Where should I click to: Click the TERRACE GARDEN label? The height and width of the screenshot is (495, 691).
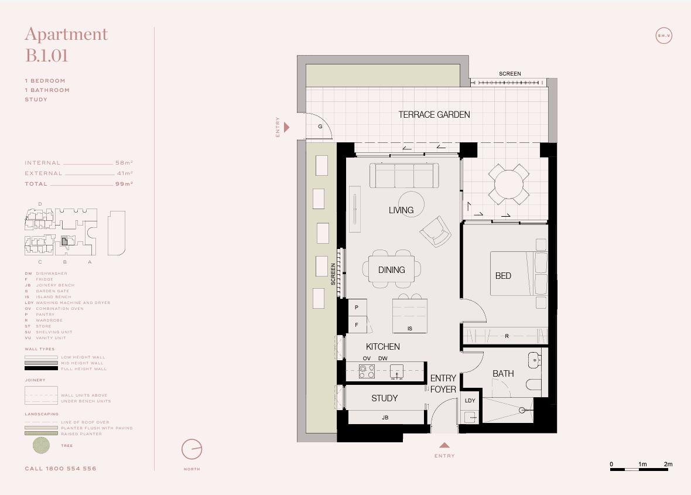pyautogui.click(x=434, y=115)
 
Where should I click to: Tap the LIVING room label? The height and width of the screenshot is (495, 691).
pyautogui.click(x=401, y=210)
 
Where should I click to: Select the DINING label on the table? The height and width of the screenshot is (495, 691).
pyautogui.click(x=391, y=270)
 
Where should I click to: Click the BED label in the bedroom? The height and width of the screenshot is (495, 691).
pyautogui.click(x=503, y=275)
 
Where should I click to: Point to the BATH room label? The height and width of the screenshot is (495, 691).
pyautogui.click(x=502, y=373)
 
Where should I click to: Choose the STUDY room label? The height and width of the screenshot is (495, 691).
pyautogui.click(x=384, y=398)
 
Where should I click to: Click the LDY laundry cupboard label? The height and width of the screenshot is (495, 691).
pyautogui.click(x=470, y=401)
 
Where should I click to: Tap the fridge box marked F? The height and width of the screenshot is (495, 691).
pyautogui.click(x=356, y=324)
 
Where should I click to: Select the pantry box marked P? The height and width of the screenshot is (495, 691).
pyautogui.click(x=356, y=307)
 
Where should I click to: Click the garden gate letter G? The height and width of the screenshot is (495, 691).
pyautogui.click(x=320, y=127)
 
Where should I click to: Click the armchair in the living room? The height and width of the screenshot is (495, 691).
pyautogui.click(x=435, y=231)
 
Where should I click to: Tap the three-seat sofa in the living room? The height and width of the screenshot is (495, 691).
pyautogui.click(x=404, y=175)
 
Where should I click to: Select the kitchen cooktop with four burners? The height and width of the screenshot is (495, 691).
pyautogui.click(x=367, y=371)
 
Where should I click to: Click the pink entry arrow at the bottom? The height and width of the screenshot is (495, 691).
pyautogui.click(x=444, y=445)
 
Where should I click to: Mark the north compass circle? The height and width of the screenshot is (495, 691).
pyautogui.click(x=191, y=449)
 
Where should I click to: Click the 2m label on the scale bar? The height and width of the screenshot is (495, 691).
pyautogui.click(x=668, y=465)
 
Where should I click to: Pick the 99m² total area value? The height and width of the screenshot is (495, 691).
pyautogui.click(x=124, y=184)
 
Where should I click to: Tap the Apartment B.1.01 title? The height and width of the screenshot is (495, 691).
pyautogui.click(x=66, y=45)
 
